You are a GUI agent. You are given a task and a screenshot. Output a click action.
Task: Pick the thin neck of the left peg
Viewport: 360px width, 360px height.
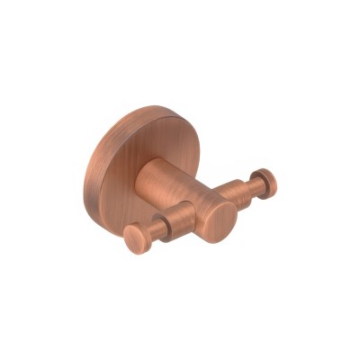pos(154,233)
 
